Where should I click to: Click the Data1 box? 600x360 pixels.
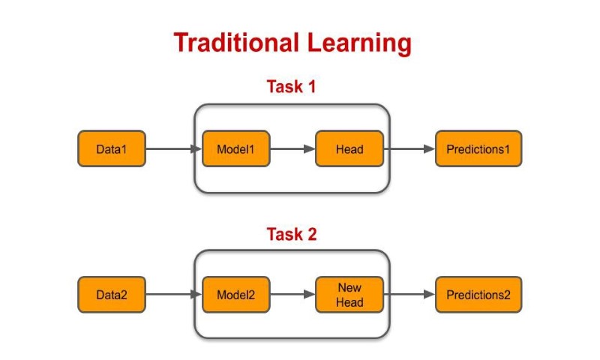[x=112, y=149]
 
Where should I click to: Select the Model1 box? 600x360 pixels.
[x=236, y=149]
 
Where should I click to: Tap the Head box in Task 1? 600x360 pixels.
[x=349, y=149]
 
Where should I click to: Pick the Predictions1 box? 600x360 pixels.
[x=478, y=149]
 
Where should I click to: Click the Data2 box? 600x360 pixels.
[x=112, y=295]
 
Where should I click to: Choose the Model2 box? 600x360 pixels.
[x=236, y=295]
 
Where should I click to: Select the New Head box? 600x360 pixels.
[x=349, y=295]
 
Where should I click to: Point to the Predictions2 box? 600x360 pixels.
[x=478, y=295]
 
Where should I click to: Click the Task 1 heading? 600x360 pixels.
[x=292, y=86]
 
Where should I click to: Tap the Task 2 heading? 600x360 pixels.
[x=292, y=234]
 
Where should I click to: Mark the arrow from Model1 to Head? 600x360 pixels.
[x=292, y=149]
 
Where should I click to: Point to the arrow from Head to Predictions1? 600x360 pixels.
[x=409, y=149]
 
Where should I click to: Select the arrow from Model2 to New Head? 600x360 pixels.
[x=292, y=295]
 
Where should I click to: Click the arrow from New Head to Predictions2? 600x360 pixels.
[x=409, y=295]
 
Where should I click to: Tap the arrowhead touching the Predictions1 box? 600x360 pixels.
[x=430, y=149]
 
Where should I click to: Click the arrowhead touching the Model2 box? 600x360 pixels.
[x=197, y=295]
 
